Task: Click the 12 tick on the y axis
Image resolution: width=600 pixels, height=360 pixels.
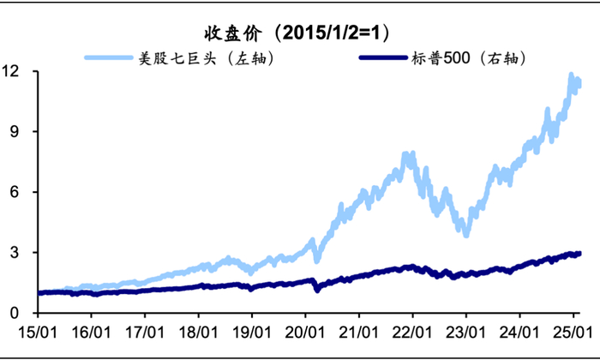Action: coord(13,71)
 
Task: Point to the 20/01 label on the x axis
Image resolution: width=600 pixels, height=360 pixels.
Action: coord(305,330)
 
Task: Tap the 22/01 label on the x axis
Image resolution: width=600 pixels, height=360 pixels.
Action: coord(412,330)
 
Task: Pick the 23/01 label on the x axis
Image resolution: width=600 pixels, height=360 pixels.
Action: coord(465,330)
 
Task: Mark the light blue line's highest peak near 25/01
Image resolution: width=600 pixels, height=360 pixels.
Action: coord(571,75)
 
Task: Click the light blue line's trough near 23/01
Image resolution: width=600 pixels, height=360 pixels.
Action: coord(465,233)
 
